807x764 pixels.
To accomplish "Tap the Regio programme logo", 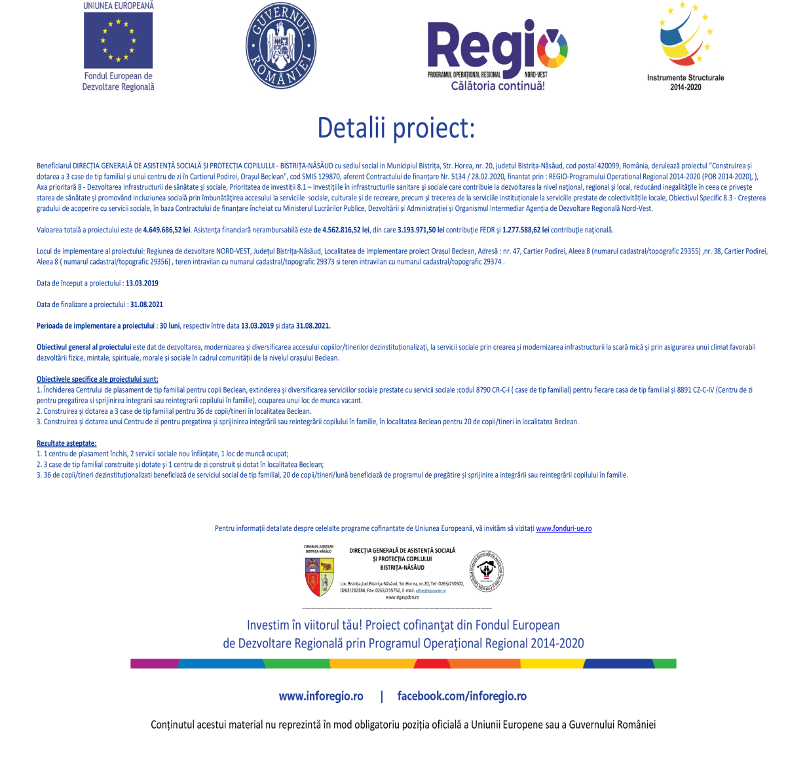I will (497, 50).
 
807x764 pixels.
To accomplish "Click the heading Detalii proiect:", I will (396, 128).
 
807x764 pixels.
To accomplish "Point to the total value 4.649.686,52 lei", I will (166, 230).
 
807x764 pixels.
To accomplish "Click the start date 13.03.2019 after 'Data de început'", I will (142, 283).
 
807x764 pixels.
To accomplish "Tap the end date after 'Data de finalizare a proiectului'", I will (147, 304).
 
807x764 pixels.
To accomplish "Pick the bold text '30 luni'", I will (170, 326).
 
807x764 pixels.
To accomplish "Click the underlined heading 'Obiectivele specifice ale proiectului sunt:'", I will (97, 379).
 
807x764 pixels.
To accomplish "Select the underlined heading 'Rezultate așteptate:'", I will (66, 443).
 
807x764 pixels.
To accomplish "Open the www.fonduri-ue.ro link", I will (563, 528).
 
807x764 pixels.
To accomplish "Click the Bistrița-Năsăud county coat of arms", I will (319, 576).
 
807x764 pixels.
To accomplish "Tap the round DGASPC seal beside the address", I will (486, 572).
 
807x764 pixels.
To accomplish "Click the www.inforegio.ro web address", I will (321, 696).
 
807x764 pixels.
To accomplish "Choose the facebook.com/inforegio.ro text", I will (462, 696).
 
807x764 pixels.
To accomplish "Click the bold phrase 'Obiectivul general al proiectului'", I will (84, 347).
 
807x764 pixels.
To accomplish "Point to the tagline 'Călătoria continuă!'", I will (498, 86).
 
